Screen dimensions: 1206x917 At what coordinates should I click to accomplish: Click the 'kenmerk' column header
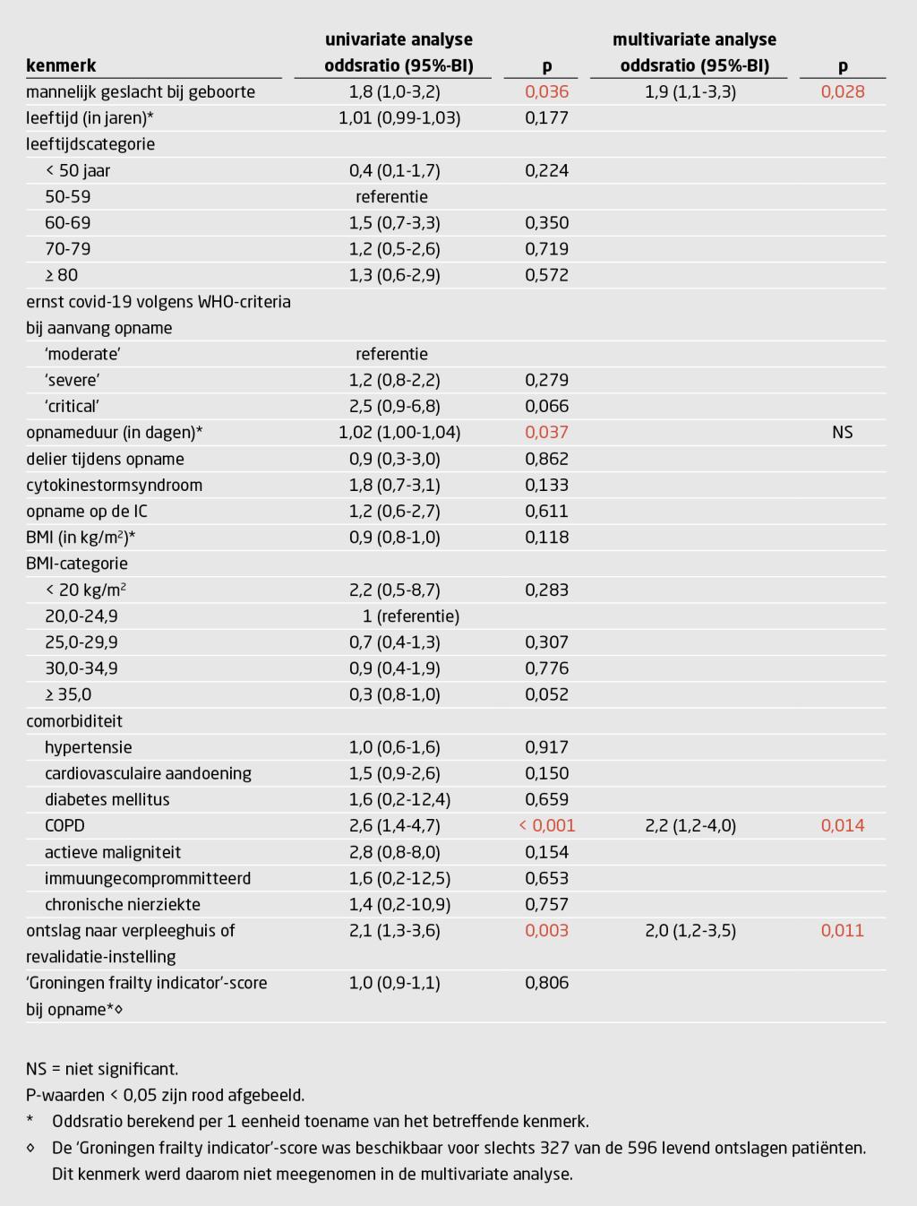click(61, 65)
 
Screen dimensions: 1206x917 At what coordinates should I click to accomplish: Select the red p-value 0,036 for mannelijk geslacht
click(546, 91)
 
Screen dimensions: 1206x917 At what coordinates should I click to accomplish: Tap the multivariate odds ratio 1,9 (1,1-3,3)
click(690, 91)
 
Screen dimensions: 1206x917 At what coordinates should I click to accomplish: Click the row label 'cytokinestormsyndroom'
click(114, 485)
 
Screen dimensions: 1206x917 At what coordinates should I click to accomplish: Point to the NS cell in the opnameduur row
click(842, 432)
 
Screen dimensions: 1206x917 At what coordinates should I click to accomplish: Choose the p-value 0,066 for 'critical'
click(546, 406)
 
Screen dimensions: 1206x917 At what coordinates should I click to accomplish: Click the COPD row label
click(64, 825)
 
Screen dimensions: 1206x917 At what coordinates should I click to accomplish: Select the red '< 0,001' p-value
click(546, 825)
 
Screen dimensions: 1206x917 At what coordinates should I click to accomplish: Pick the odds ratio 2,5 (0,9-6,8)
click(394, 406)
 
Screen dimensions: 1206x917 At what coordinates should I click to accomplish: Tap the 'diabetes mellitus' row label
click(107, 799)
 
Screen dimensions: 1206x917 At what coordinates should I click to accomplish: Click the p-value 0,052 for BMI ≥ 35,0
click(546, 694)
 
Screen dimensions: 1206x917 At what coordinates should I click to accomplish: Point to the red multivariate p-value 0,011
click(842, 930)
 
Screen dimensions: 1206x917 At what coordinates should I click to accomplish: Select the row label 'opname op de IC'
click(87, 511)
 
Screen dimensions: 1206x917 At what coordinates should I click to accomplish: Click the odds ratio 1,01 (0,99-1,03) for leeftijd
click(399, 117)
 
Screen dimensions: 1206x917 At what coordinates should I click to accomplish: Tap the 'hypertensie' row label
click(88, 747)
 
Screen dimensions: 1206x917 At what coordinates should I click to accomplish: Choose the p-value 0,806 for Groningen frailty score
click(546, 983)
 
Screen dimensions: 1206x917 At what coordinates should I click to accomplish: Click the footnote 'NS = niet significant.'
click(102, 1069)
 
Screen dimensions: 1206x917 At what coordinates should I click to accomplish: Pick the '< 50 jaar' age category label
click(77, 170)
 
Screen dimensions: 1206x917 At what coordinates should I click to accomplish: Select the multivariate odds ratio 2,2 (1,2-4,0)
click(690, 825)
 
